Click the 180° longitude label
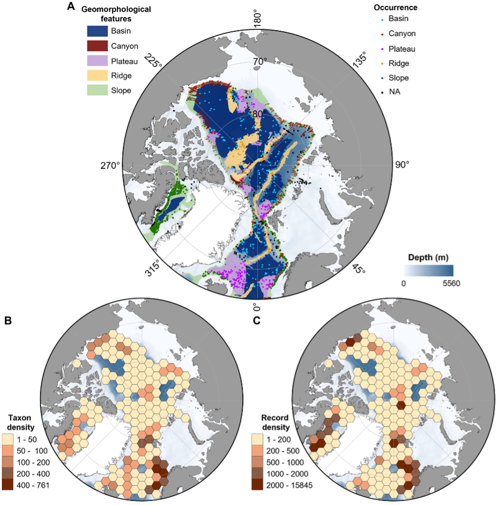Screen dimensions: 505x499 [x=258, y=18]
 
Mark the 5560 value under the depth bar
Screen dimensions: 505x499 [x=451, y=283]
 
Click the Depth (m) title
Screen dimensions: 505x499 [x=429, y=257]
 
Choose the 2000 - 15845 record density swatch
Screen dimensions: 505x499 [x=260, y=485]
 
